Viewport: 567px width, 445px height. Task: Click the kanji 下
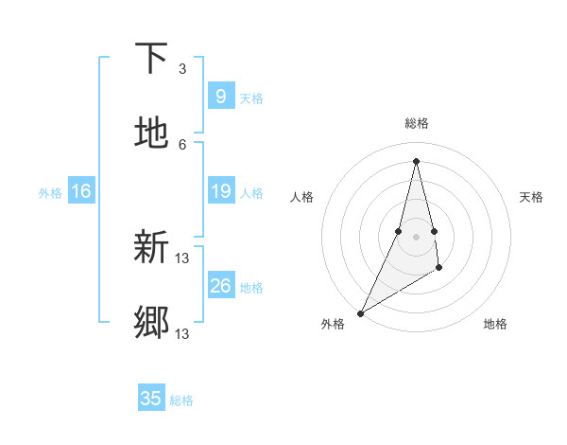(x=151, y=59)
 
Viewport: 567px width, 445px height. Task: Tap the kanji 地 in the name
(x=151, y=133)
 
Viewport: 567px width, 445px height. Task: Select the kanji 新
(x=151, y=247)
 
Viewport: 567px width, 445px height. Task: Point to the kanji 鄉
(x=151, y=322)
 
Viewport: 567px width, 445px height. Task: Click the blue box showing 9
(x=220, y=97)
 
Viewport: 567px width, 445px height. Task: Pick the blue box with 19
(x=220, y=192)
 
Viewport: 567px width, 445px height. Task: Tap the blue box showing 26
(x=220, y=286)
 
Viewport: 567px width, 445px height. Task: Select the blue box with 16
(x=81, y=192)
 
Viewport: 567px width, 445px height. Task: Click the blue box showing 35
(x=151, y=399)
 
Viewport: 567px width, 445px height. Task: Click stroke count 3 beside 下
(x=182, y=69)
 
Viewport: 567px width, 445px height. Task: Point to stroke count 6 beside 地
(x=182, y=144)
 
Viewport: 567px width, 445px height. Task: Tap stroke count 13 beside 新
(x=182, y=258)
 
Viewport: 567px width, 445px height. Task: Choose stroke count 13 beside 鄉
(x=182, y=333)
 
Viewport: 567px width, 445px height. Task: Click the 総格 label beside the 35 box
(x=181, y=400)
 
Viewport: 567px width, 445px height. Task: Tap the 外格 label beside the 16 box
(x=50, y=193)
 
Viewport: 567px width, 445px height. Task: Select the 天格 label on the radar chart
(x=531, y=197)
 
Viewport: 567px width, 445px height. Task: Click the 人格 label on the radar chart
(x=301, y=197)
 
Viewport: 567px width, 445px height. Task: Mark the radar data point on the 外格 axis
(x=360, y=312)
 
